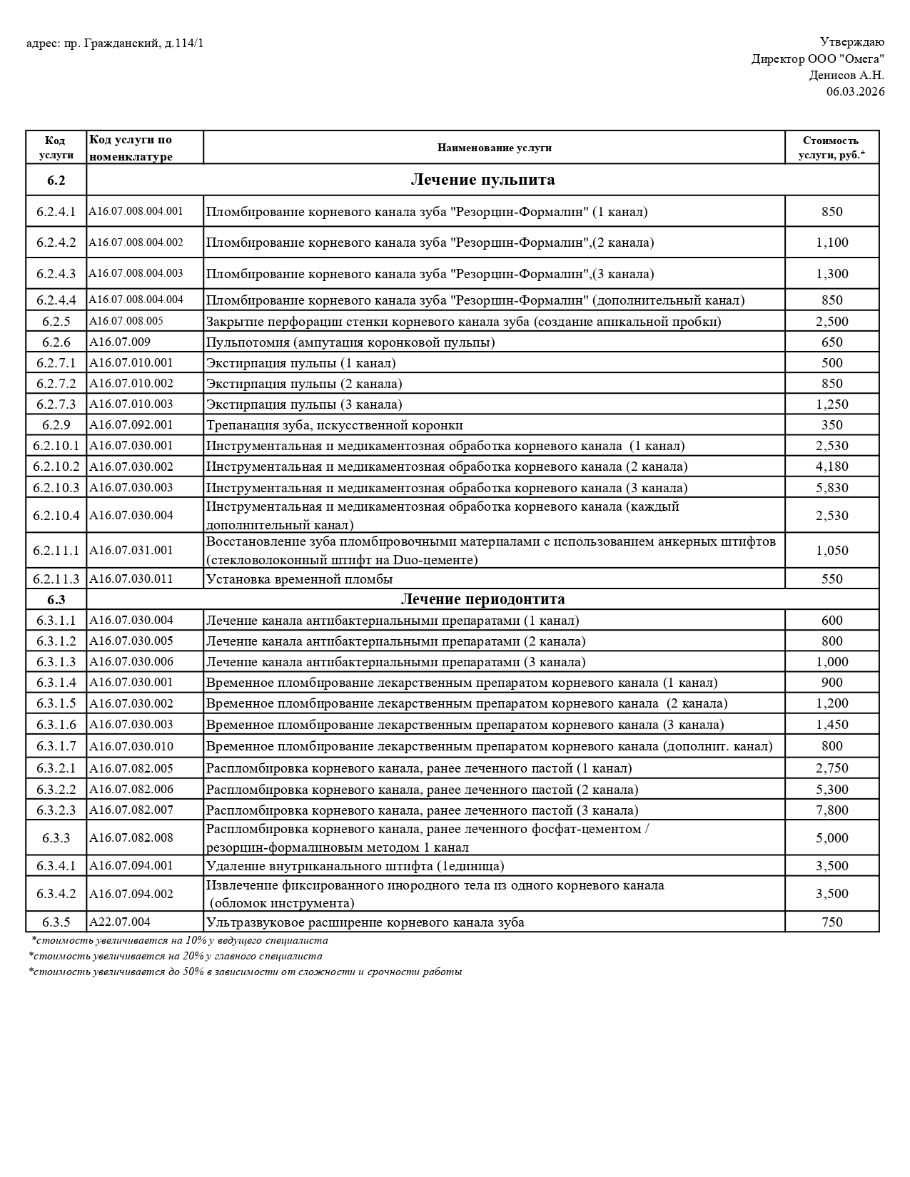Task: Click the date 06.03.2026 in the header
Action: click(x=855, y=91)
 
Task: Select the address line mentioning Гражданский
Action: click(x=115, y=44)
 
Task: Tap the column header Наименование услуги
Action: click(x=494, y=148)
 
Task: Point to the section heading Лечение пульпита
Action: click(x=482, y=180)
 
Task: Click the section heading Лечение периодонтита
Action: click(x=482, y=599)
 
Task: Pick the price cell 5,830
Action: click(x=831, y=488)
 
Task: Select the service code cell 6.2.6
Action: click(x=56, y=342)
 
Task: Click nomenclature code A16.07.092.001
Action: click(x=131, y=425)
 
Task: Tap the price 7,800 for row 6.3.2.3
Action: click(x=831, y=810)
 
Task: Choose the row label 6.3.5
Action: click(x=56, y=922)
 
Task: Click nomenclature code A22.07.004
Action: click(x=120, y=922)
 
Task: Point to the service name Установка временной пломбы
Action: click(x=299, y=579)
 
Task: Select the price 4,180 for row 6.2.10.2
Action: click(x=831, y=467)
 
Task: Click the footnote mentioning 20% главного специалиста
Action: click(x=176, y=957)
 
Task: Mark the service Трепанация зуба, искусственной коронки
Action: click(x=334, y=425)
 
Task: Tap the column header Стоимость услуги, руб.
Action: click(x=831, y=148)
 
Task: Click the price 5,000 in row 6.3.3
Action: click(x=831, y=838)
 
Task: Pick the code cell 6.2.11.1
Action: click(x=56, y=551)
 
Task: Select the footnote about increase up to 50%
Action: click(x=246, y=972)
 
